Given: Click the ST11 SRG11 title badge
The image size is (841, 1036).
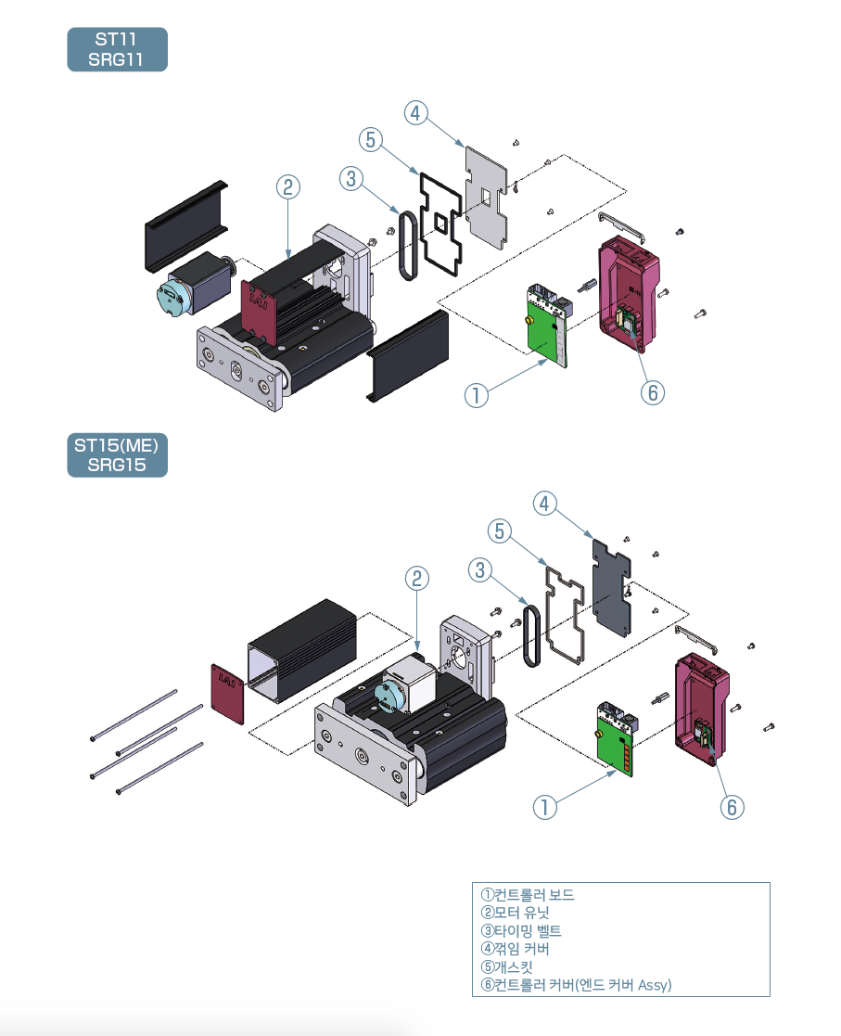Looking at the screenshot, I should [117, 49].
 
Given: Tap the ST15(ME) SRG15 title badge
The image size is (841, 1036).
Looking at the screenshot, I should [117, 454].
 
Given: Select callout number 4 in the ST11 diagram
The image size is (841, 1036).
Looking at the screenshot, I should [416, 113].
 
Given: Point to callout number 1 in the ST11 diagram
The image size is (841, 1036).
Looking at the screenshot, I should [476, 395].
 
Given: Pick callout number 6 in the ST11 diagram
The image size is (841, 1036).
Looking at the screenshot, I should [652, 392].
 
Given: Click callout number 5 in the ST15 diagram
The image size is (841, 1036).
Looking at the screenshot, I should [500, 531].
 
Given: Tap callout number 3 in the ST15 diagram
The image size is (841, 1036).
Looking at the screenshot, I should [479, 570].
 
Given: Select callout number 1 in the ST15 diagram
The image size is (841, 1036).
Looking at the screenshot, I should [545, 807].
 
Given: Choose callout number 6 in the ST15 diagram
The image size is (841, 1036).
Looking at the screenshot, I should [732, 807].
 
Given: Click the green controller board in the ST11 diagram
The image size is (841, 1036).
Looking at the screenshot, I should [546, 325].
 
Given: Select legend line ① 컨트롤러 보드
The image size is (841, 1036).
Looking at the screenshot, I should [528, 895].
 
